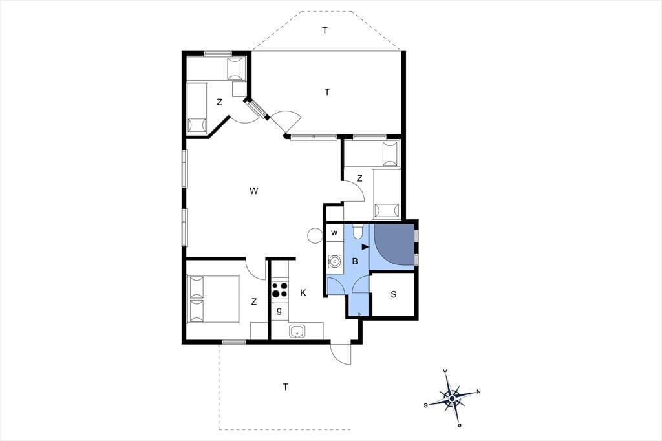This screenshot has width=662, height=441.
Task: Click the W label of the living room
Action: [253, 191]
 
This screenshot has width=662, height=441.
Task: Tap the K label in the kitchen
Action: [303, 293]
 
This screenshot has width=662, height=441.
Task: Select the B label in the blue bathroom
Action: [355, 261]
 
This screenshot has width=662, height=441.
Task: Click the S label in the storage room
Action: [394, 294]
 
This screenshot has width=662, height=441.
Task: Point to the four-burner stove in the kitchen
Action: [279, 290]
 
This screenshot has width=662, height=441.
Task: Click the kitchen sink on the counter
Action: [298, 331]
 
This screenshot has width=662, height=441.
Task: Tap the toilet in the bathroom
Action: [358, 231]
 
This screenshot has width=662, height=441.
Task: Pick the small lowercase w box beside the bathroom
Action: [334, 233]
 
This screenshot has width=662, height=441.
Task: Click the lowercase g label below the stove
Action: [279, 311]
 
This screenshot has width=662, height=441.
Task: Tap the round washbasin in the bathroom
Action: [335, 261]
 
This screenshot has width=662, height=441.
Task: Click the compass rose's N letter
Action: [478, 392]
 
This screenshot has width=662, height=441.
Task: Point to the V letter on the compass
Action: [445, 371]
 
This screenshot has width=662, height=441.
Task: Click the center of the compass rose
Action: [452, 398]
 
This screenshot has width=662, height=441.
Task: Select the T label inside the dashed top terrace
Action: [325, 30]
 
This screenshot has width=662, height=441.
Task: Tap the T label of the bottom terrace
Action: [286, 387]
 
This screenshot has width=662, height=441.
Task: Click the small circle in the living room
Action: [315, 235]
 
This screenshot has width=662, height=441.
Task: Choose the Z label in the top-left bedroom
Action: [220, 102]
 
